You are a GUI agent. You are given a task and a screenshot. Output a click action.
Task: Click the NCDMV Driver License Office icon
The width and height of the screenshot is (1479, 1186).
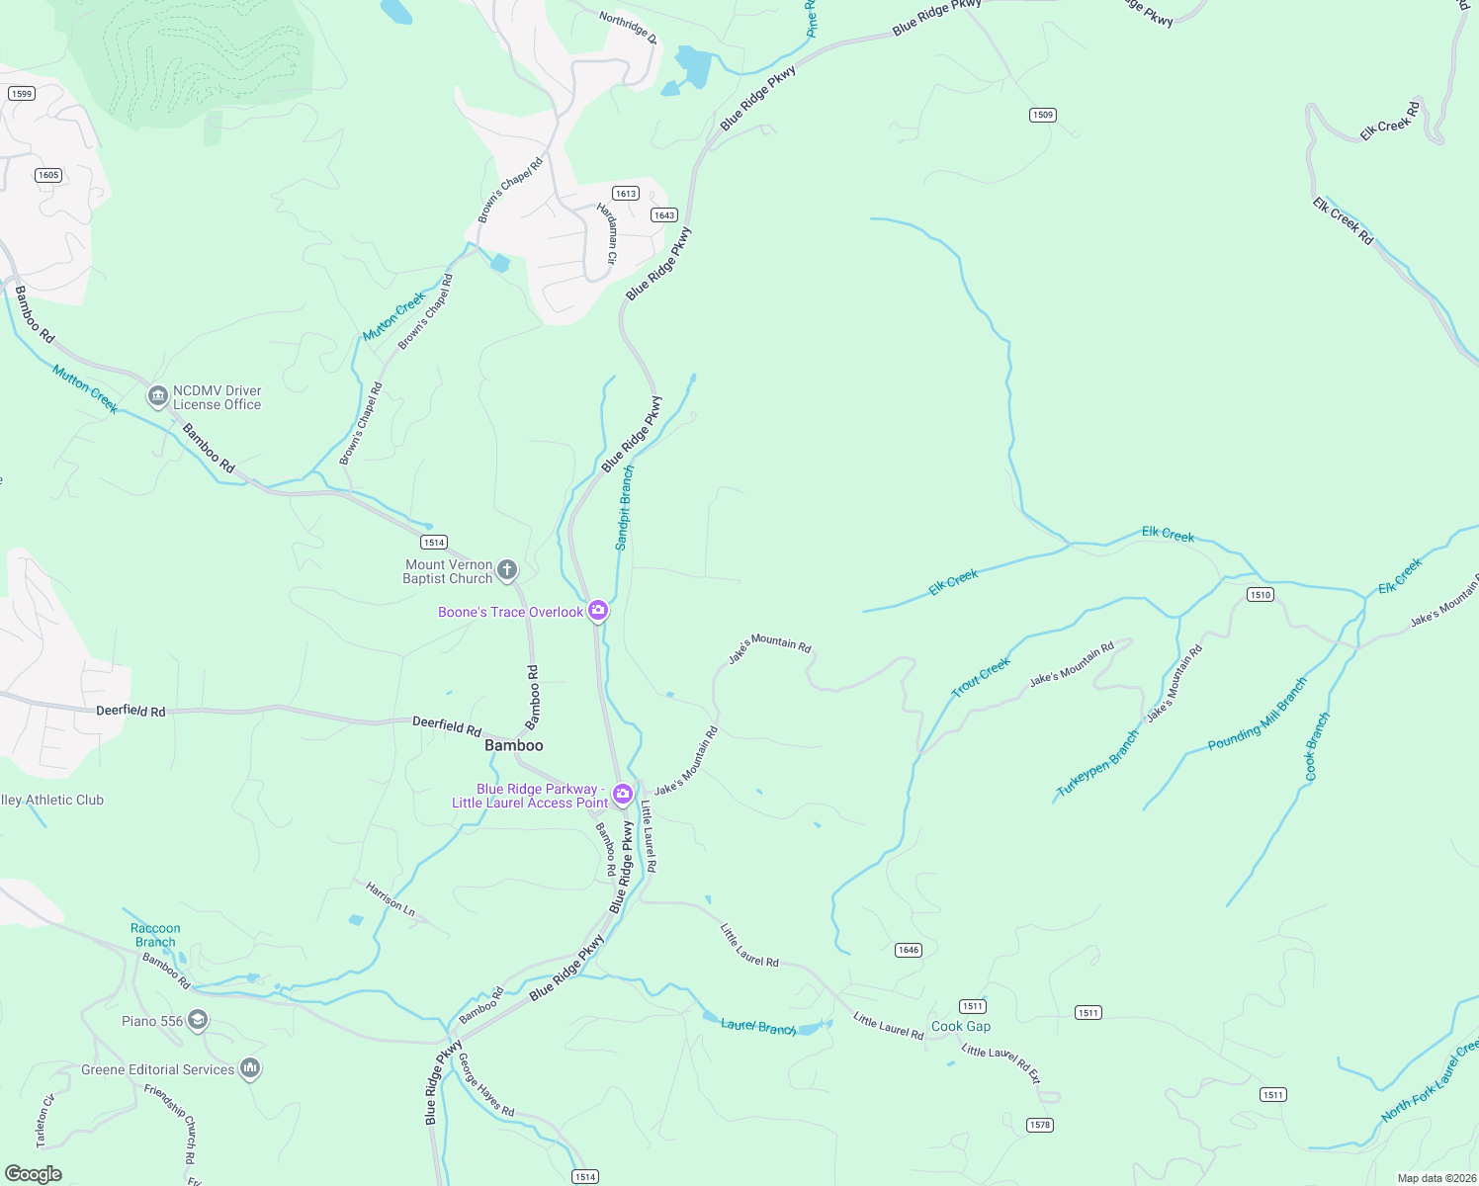157,397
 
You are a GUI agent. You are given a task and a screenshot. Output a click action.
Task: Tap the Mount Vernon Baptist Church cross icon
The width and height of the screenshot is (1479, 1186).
506,570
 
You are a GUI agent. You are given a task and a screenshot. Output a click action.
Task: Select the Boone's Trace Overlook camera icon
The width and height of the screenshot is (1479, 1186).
597,612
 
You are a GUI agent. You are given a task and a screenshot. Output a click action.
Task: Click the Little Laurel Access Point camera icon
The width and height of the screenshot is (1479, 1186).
622,795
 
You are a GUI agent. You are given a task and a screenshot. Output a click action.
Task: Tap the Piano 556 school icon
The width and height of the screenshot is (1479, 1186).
198,1021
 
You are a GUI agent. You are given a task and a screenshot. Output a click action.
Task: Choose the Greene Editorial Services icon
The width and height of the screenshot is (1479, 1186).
250,1069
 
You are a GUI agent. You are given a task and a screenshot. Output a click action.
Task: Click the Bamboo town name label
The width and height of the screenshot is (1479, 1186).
514,745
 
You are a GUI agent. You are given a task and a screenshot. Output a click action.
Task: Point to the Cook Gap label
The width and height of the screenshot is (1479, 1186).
960,1026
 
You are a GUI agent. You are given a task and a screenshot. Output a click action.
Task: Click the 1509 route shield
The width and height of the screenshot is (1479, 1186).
1043,115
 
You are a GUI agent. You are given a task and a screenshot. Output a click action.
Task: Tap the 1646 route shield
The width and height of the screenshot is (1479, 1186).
908,950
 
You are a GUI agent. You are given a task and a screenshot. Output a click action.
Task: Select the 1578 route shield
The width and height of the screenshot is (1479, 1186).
1039,1125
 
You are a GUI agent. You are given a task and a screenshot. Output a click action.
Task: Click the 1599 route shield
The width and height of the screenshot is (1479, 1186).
21,94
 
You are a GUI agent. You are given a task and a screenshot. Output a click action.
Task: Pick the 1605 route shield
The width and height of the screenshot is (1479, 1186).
48,175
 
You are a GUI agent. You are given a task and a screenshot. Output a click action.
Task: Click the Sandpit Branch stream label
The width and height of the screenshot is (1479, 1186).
624,508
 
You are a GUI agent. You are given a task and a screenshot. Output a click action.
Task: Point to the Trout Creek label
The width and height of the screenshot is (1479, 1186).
981,678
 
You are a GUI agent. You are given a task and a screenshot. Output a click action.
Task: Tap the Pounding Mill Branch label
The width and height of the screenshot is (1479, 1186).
1258,715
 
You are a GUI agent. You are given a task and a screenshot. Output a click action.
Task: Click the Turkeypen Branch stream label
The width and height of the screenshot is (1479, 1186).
1097,764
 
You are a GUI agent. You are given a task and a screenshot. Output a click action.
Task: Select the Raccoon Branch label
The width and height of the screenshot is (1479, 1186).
155,935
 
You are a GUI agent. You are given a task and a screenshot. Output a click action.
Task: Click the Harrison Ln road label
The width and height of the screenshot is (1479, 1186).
390,897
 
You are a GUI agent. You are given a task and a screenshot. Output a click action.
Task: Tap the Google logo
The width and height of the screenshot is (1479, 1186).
34,1173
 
